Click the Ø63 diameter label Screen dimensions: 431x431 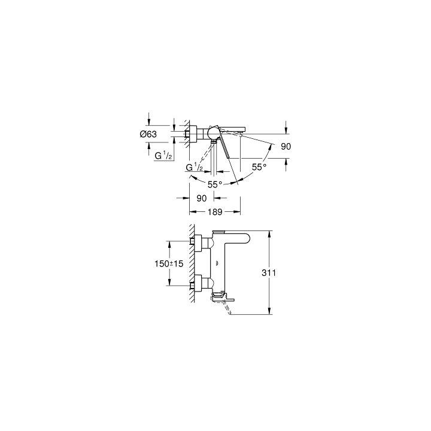click(x=148, y=135)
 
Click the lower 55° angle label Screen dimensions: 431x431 click(x=214, y=184)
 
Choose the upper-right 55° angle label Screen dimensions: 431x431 click(x=259, y=168)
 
